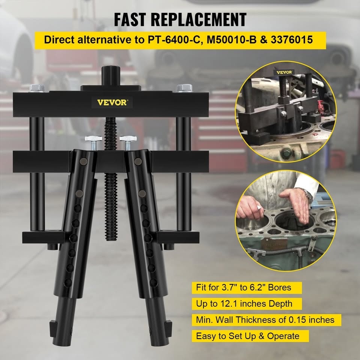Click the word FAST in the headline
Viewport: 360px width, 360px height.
coord(130,20)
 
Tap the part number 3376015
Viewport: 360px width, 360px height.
coord(292,40)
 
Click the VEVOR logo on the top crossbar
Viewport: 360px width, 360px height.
coord(112,102)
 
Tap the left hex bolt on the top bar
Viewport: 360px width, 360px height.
coord(37,88)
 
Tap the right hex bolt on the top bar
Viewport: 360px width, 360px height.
coord(184,88)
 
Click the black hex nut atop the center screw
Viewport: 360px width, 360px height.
coord(111,76)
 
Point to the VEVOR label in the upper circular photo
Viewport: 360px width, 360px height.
coord(284,72)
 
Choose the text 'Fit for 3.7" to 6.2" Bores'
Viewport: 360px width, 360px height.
coord(243,288)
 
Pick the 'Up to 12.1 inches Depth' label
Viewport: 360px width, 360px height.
coord(244,303)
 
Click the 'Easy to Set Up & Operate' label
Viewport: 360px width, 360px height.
coord(248,336)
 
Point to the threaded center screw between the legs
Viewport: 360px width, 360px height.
coord(111,179)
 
